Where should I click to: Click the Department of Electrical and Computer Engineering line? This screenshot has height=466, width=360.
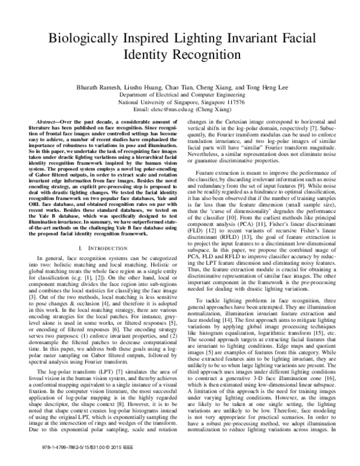pos(179,95)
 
